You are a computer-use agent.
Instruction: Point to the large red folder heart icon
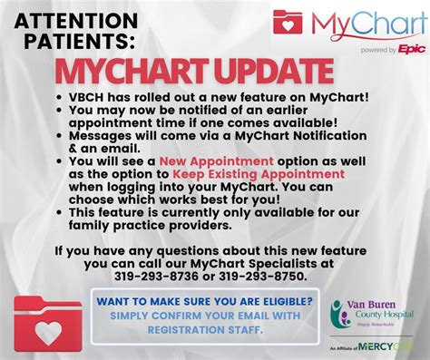click(47, 321)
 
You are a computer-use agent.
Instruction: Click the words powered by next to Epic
click(375, 52)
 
